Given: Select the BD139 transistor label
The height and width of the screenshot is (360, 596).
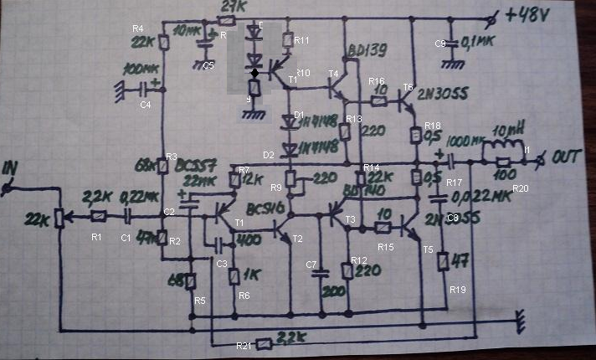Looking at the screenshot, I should click(x=365, y=52).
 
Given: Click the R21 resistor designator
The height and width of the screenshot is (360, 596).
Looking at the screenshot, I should click(x=244, y=346).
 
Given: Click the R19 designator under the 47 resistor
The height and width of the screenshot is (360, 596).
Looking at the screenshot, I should click(x=457, y=290).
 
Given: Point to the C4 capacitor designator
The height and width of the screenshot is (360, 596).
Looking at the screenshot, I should click(x=145, y=105).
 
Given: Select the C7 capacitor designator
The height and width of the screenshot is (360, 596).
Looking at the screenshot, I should click(x=311, y=265).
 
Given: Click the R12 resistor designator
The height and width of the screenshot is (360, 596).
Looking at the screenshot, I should click(x=359, y=260).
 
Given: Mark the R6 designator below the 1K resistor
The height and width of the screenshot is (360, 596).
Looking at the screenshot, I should click(x=244, y=296).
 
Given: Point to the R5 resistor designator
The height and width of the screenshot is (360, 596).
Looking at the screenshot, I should click(x=199, y=300).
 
